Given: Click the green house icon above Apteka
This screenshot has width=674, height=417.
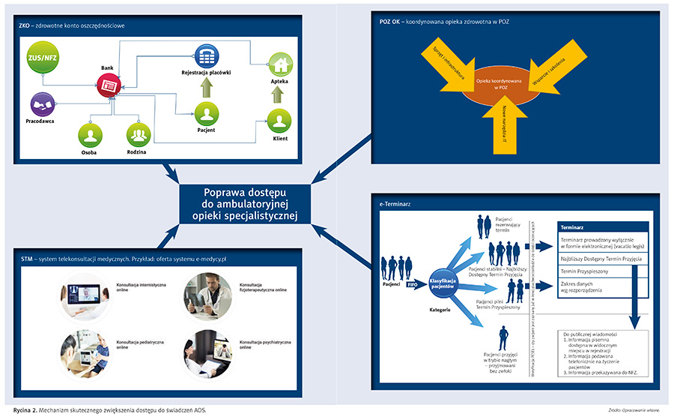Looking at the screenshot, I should [280, 64].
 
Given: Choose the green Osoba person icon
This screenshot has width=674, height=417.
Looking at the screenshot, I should [91, 135].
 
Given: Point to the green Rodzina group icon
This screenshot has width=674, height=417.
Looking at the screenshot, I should [137, 135].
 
